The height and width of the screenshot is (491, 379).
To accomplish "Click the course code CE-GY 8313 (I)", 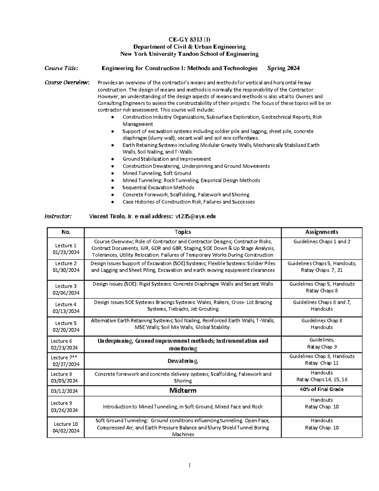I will click(x=189, y=40).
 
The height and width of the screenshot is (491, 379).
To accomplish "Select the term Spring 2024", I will click(x=283, y=68).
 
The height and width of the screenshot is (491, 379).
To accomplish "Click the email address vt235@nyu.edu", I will click(x=196, y=216).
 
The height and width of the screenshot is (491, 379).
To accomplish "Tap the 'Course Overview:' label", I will click(x=67, y=83).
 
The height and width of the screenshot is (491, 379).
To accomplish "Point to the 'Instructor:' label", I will click(x=58, y=216).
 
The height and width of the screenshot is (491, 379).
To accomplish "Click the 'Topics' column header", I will click(x=183, y=232).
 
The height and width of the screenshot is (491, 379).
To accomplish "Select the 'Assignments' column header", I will click(x=322, y=232).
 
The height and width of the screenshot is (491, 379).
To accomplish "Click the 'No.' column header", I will click(x=66, y=232).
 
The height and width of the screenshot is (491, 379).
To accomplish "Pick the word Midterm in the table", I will click(x=183, y=390).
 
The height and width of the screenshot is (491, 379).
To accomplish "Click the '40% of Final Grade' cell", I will click(x=322, y=390).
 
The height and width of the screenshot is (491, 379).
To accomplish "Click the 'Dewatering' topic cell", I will click(x=183, y=361).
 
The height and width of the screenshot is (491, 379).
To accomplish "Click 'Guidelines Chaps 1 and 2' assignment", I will click(x=322, y=242).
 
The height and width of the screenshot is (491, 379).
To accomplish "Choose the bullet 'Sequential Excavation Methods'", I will click(x=158, y=187).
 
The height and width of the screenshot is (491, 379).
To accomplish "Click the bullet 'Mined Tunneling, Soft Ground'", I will click(x=157, y=173).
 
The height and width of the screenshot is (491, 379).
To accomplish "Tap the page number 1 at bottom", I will click(x=189, y=465).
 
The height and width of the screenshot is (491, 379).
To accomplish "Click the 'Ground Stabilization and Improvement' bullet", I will click(x=166, y=159).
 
